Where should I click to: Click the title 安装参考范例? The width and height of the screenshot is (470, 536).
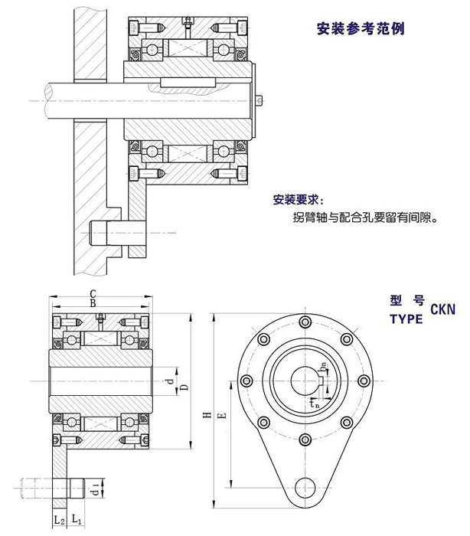coord(360,30)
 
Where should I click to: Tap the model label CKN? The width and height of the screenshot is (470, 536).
coord(442,310)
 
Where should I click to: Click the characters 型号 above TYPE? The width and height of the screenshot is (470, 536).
coord(406,299)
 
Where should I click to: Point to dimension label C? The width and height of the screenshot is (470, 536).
coord(93,293)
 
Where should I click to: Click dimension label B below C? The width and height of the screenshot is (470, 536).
coord(93,304)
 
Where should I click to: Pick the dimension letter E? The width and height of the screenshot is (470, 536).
coord(222,414)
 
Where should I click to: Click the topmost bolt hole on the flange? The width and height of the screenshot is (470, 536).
coord(305,321)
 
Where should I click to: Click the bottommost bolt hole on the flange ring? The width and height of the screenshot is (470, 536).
coord(305,439)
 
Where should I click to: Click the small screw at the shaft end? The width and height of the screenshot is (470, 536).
coord(262,100)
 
